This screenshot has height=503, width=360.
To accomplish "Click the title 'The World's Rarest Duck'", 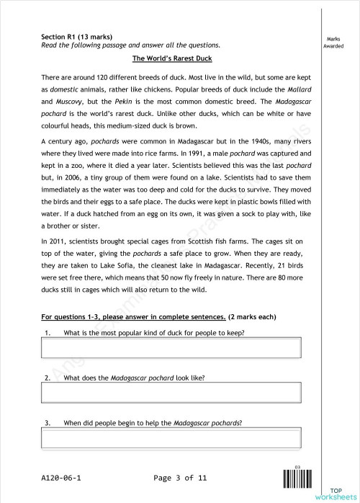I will click(172, 58).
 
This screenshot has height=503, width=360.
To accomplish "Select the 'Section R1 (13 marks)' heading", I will click(76, 36).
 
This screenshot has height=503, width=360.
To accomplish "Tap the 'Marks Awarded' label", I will click(333, 43).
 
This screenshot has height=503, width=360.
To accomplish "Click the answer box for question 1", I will click(171, 348).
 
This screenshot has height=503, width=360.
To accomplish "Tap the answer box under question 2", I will click(171, 393).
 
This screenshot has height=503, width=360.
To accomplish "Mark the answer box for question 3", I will click(171, 437).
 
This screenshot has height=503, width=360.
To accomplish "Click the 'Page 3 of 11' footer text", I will click(181, 478).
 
